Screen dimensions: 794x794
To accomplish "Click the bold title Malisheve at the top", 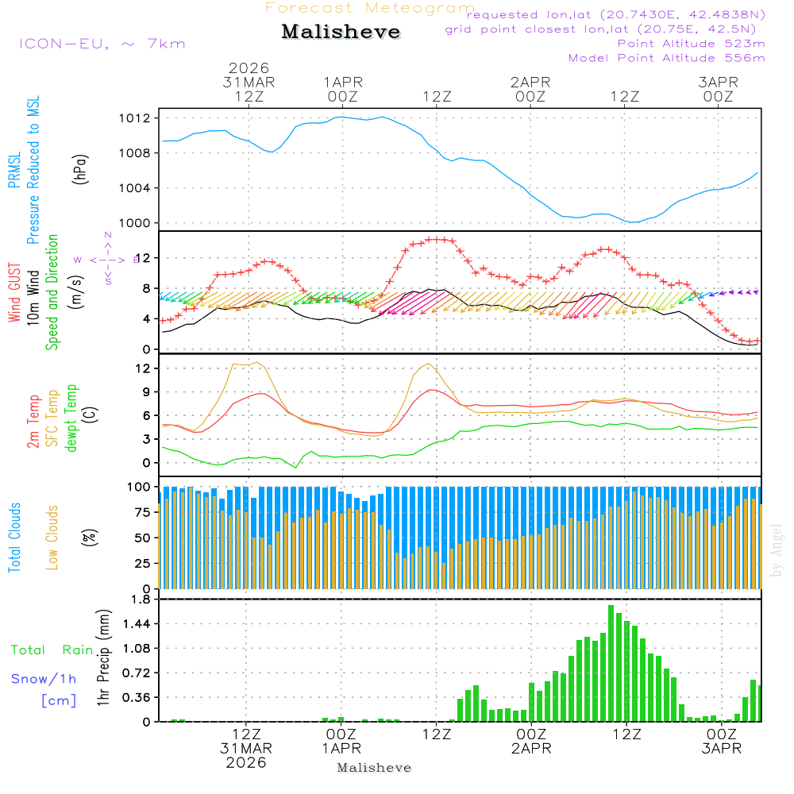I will (341, 33).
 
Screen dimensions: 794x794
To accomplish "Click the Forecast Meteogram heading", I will (370, 8).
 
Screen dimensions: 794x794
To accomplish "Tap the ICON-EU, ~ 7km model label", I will (102, 44).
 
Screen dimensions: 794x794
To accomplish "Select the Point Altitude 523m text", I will (691, 44).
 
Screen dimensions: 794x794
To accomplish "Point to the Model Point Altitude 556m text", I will (667, 58).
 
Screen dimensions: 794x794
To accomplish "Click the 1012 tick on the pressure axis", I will (134, 118).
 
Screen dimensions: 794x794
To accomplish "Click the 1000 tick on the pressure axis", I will (134, 223).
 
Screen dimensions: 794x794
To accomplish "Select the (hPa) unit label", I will (80, 168).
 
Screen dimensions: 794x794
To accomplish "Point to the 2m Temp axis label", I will (34, 418).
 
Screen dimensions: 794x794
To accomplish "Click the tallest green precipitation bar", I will (611, 663).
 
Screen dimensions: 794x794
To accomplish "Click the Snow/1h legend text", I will (44, 679).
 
